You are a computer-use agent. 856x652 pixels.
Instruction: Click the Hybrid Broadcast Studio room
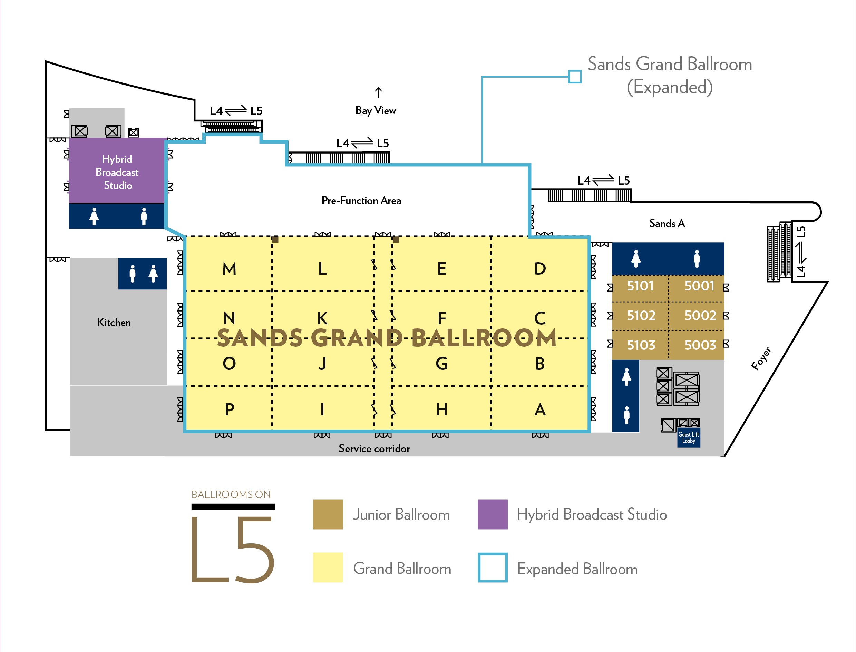point(117,171)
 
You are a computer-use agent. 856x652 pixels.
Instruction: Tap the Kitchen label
point(114,322)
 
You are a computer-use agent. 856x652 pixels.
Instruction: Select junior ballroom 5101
point(640,286)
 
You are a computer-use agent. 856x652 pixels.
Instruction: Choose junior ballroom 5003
point(700,345)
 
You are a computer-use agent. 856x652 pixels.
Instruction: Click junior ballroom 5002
point(700,316)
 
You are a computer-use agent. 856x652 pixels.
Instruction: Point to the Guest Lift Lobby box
point(688,438)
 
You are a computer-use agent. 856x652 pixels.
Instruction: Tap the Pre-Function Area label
point(361,201)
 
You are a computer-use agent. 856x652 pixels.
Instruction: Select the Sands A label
point(667,223)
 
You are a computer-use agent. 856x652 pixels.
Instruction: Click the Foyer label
point(761,359)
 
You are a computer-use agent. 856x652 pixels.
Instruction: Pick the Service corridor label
point(374,448)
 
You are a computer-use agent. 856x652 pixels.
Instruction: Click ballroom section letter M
point(229,268)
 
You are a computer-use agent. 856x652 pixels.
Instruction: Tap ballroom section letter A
point(540,409)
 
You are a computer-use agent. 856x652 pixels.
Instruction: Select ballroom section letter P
point(229,409)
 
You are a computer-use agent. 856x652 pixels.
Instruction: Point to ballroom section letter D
point(540,268)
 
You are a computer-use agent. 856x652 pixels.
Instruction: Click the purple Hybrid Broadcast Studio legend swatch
point(492,514)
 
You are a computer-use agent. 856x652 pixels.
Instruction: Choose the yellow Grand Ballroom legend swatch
point(328,567)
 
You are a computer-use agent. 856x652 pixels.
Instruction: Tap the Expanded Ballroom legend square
point(492,567)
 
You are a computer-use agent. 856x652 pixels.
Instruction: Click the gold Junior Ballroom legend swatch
point(328,514)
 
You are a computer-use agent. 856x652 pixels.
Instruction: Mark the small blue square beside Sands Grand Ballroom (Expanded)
point(575,77)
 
